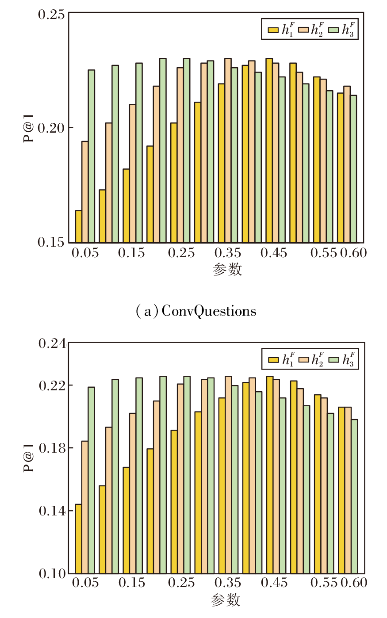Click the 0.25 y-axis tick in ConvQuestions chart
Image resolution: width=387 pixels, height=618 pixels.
pos(51,15)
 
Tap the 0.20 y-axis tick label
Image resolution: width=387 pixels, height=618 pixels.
pos(51,128)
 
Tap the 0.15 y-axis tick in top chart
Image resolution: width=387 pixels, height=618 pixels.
pos(51,242)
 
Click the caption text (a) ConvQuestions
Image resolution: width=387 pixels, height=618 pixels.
pos(196,311)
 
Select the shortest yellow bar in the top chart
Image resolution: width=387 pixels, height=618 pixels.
pos(78,226)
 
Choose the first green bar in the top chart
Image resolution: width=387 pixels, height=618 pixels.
pos(91,156)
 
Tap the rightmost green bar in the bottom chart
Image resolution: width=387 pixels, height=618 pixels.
pos(354,496)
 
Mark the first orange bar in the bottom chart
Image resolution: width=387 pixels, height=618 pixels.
pos(84,507)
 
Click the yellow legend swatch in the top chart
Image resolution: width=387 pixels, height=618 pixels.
pos(273,30)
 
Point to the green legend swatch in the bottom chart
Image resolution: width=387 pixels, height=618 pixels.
pos(334,360)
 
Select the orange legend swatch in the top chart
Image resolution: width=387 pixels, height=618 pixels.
pos(303,30)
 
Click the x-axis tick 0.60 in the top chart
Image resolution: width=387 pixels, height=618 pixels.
pos(353,253)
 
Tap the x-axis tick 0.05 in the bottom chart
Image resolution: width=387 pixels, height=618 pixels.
pos(85,583)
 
